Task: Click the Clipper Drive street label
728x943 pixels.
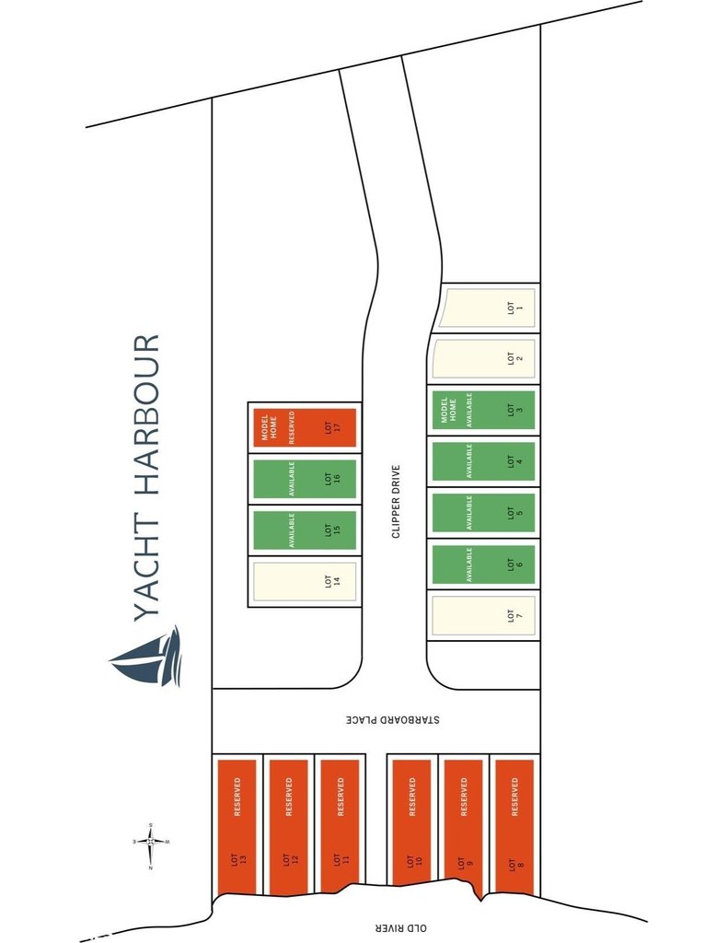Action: click(396, 501)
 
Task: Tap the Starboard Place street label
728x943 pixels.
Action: click(393, 719)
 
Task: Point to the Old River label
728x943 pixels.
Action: click(400, 928)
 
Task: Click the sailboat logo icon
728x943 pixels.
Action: click(145, 657)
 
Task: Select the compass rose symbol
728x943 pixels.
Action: click(151, 842)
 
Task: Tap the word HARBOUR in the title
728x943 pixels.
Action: click(146, 415)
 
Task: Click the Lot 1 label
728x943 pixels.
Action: click(515, 308)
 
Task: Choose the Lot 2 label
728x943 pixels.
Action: click(515, 358)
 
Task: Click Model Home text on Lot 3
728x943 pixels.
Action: click(448, 410)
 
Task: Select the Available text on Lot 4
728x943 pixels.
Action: click(468, 461)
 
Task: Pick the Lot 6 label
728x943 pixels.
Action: click(515, 565)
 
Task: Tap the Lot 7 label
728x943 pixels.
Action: click(515, 615)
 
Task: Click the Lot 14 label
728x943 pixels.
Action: click(332, 581)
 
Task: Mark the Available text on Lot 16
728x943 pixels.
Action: click(292, 479)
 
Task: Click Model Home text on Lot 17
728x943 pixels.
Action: click(270, 427)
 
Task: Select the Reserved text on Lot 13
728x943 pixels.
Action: click(237, 797)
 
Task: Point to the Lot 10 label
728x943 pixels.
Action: click(415, 861)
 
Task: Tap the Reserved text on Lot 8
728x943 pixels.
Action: click(514, 797)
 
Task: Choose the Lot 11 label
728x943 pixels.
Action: click(341, 861)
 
